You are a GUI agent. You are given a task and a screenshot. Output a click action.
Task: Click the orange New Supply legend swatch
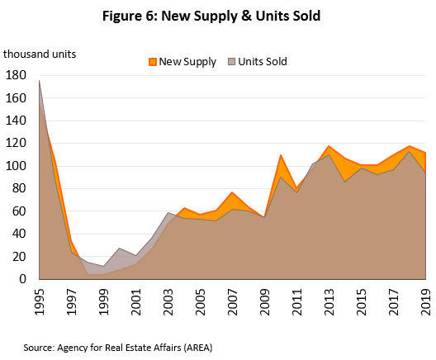click(153, 62)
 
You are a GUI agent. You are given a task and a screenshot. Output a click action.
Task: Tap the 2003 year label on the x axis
click(168, 298)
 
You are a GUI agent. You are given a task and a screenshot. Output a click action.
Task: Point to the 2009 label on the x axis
click(265, 298)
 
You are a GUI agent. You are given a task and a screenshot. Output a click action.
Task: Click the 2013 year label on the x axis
click(329, 298)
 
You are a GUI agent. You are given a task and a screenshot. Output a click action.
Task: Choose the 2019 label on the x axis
click(426, 298)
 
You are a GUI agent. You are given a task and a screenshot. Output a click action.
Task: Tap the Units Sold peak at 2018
click(410, 152)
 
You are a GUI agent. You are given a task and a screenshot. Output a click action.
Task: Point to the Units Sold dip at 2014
click(345, 181)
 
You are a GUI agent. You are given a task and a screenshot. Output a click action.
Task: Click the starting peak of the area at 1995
click(40, 80)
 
